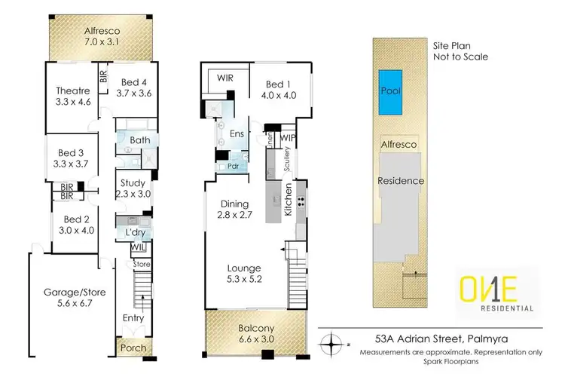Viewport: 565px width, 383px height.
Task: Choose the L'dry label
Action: (x=135, y=232)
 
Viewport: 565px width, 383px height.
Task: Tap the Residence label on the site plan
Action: (x=402, y=181)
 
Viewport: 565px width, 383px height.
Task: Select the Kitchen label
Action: (x=287, y=201)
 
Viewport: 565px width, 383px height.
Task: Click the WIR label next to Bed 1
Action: (x=225, y=78)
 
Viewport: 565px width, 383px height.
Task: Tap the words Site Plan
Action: (x=451, y=45)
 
